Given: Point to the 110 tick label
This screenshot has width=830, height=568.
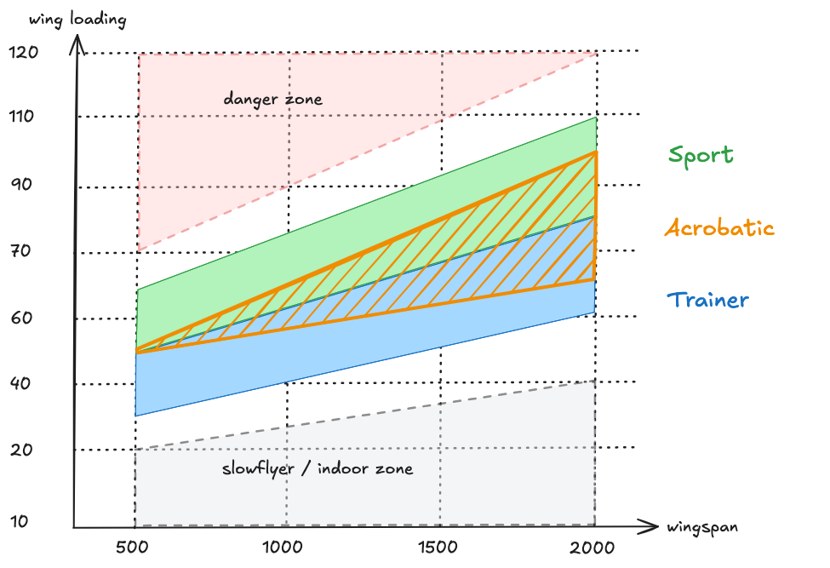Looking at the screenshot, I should click(x=24, y=116).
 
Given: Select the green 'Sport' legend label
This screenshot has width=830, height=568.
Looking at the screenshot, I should click(x=700, y=155).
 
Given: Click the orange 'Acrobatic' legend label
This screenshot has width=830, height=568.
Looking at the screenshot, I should click(x=719, y=228).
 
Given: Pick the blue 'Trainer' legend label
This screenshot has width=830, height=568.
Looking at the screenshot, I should click(x=707, y=300).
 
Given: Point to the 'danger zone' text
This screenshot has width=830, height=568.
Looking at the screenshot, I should click(x=273, y=100).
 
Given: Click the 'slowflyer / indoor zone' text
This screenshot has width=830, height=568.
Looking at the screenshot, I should click(x=318, y=468).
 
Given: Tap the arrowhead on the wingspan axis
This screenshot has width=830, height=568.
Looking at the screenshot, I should click(x=653, y=525).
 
